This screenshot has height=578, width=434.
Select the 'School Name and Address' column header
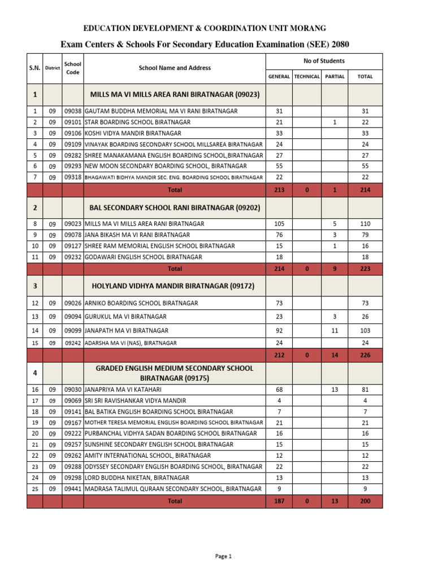[x=175, y=68]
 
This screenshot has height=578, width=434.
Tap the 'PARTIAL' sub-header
[x=335, y=77]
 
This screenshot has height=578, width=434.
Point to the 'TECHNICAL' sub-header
[x=307, y=77]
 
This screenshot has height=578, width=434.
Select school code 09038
[x=73, y=111]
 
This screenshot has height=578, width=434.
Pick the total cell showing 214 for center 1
[x=365, y=190]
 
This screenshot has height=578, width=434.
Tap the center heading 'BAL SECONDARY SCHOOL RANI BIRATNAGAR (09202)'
[x=175, y=208]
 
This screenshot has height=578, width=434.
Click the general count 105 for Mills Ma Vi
[x=279, y=224]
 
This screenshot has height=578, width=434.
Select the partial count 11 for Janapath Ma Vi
[x=335, y=330]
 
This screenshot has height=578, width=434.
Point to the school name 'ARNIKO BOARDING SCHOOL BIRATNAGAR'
[x=141, y=303]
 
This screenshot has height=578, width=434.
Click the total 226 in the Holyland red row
[x=365, y=356]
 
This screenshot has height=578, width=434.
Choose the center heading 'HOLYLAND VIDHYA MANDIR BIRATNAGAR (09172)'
[x=175, y=286]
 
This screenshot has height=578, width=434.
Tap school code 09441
[x=73, y=489]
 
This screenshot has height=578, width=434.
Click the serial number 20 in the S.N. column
[x=34, y=433]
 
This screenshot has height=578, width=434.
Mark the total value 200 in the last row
[x=365, y=501]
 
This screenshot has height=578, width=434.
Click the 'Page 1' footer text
[x=224, y=556]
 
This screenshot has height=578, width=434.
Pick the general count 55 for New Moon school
[x=279, y=166]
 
